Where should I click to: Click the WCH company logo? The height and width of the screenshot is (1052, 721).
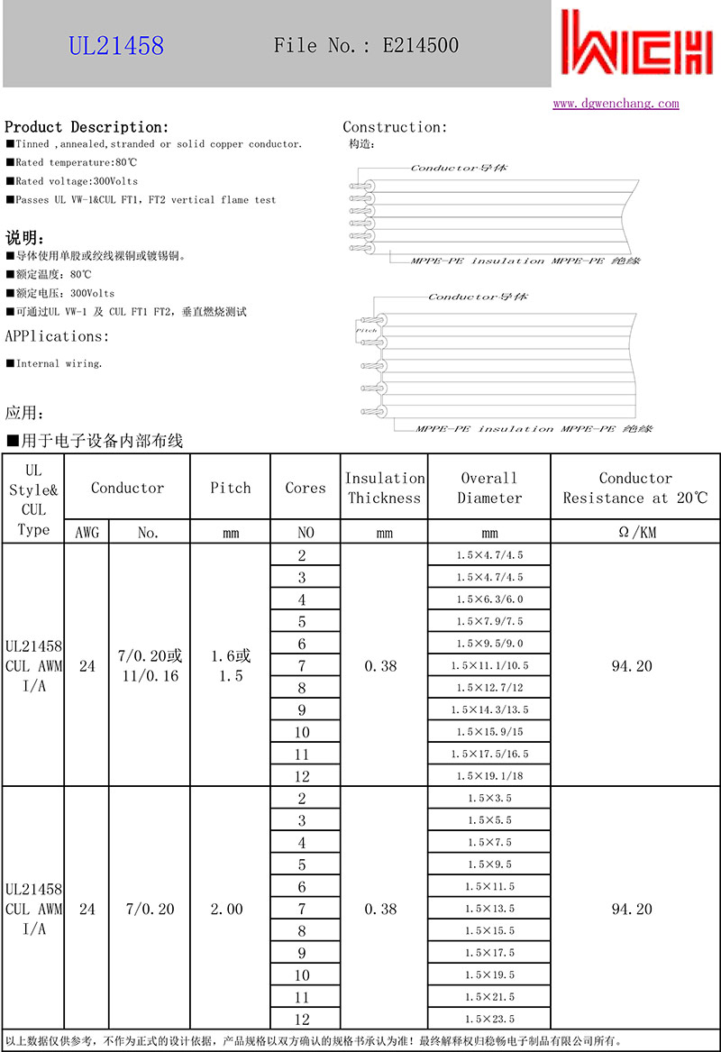[635, 44]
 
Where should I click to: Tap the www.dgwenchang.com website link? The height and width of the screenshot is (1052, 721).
[616, 104]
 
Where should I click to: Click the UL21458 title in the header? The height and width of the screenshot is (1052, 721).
[117, 45]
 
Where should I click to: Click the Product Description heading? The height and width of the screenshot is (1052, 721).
[87, 127]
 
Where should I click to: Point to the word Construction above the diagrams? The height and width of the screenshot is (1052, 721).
[394, 127]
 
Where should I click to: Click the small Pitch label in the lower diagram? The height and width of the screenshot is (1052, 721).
[367, 331]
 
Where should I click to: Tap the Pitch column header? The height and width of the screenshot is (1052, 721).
[230, 488]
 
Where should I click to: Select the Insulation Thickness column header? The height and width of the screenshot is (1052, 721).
[384, 488]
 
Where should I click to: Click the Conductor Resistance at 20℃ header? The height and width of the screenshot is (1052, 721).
[635, 488]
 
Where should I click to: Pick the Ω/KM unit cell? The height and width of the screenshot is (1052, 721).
[635, 532]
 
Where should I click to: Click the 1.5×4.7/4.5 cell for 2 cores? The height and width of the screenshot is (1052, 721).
[488, 555]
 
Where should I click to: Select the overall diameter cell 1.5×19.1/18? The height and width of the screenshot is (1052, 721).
[488, 775]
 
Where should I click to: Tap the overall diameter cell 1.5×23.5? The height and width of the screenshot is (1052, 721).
[488, 1019]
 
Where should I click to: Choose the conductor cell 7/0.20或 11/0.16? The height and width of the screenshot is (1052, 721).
[150, 665]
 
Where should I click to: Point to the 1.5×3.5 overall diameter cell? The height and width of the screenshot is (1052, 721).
[488, 798]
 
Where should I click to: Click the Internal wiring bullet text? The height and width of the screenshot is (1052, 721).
[59, 363]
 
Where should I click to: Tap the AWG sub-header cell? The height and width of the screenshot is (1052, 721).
[87, 532]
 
